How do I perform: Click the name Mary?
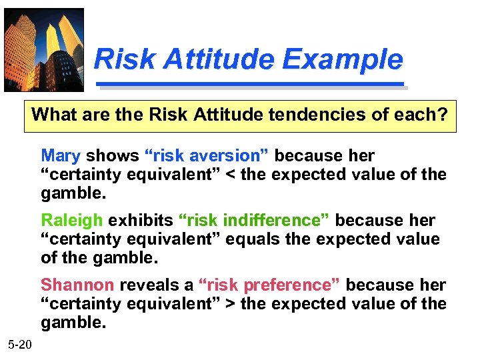(60, 156)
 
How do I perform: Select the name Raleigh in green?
(72, 221)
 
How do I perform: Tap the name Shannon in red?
(77, 285)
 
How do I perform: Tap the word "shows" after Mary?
(112, 156)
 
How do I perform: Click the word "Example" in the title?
(342, 59)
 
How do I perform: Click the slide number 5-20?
(19, 344)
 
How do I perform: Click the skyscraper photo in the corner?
(44, 50)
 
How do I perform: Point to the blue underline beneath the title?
(251, 85)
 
